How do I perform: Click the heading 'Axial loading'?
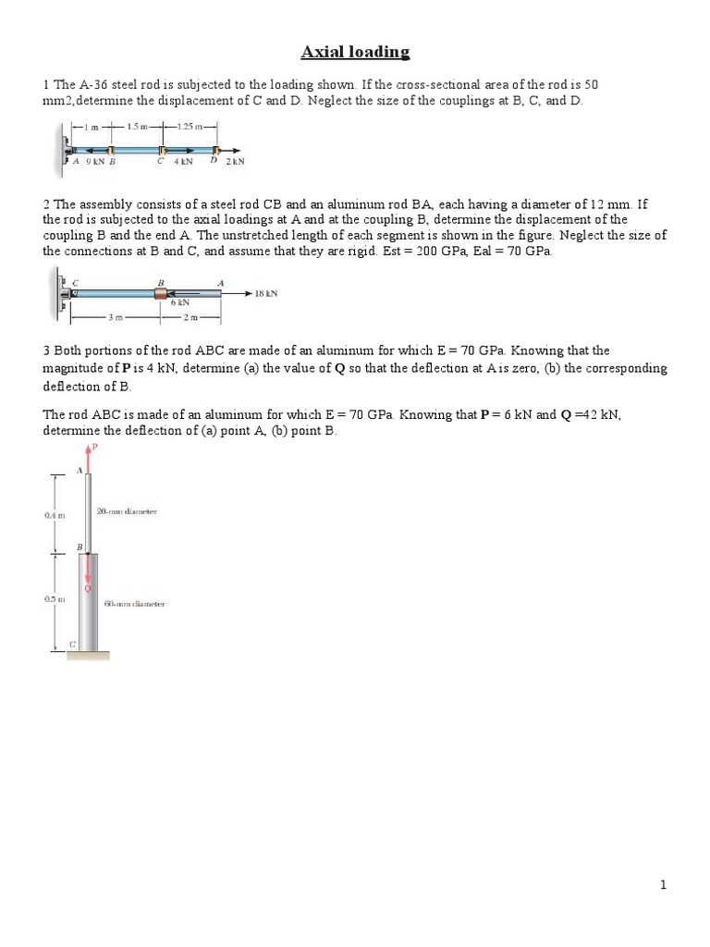point(355,52)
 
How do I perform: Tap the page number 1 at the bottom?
point(663,885)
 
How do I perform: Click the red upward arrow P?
point(89,454)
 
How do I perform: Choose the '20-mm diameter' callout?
point(127,511)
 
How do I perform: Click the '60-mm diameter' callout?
point(134,604)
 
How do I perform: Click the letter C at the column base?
point(72,645)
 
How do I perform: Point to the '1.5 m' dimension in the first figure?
point(138,127)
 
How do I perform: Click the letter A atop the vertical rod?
point(79,470)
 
